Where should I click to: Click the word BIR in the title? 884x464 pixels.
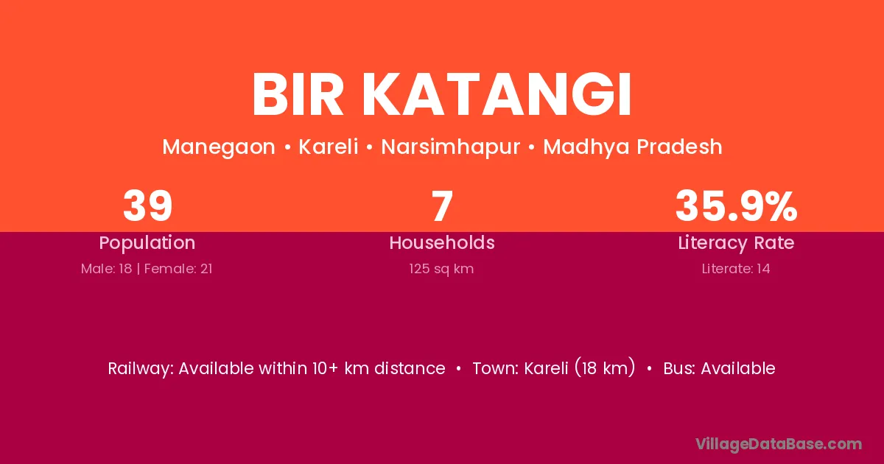[x=298, y=95]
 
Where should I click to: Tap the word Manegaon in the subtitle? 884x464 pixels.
[x=219, y=147]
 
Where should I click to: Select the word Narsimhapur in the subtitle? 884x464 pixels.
[x=450, y=147]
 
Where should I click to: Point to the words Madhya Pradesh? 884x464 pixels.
[x=633, y=147]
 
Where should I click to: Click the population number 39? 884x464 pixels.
[x=147, y=205]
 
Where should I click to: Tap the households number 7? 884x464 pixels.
[x=442, y=205]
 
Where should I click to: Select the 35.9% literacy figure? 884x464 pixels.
[x=736, y=205]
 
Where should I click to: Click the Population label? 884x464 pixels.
[x=147, y=242]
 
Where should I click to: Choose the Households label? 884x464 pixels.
[x=442, y=242]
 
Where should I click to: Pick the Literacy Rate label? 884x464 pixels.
[x=736, y=243]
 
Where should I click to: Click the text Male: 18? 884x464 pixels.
[x=107, y=269]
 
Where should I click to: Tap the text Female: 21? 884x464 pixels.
[x=178, y=269]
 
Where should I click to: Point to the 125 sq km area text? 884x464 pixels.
[x=441, y=269]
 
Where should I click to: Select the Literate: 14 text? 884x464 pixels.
[x=736, y=269]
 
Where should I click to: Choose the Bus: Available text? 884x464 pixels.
[x=719, y=368]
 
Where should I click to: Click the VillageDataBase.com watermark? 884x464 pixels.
[x=778, y=444]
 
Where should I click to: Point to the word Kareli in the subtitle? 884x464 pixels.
[x=329, y=147]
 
